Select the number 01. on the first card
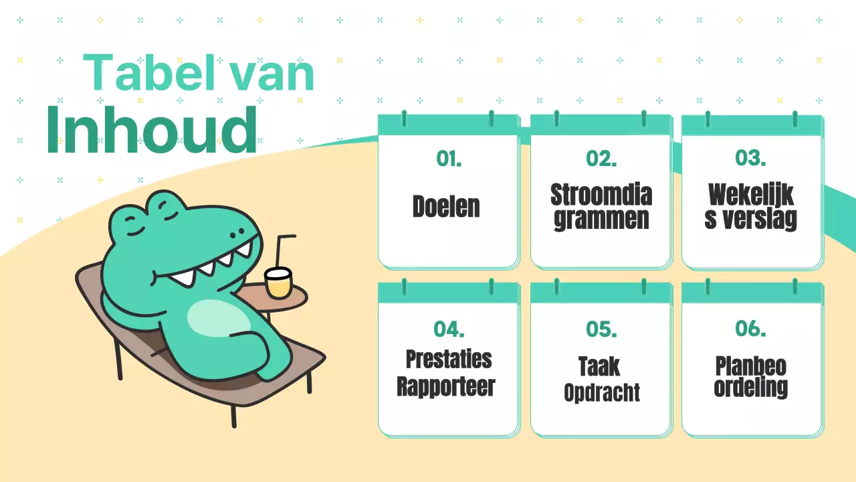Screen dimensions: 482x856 click(x=449, y=159)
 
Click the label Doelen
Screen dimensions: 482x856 click(x=446, y=206)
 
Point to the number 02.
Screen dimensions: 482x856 click(x=601, y=159)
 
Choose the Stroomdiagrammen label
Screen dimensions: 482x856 click(x=601, y=207)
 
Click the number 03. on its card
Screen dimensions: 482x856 click(x=750, y=159)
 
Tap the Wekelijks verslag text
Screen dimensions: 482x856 click(x=751, y=207)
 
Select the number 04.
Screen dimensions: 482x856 click(x=449, y=329)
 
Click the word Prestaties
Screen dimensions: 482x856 click(x=449, y=359)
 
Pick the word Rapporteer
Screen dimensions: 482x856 click(x=446, y=387)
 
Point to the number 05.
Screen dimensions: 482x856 click(x=601, y=329)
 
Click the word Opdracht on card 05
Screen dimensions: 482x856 click(x=602, y=393)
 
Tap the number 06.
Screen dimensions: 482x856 click(x=750, y=329)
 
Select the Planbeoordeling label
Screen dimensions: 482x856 click(x=750, y=377)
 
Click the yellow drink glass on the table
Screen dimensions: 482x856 click(x=278, y=284)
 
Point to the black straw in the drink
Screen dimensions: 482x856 click(x=280, y=251)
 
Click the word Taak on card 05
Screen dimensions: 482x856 click(x=599, y=367)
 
